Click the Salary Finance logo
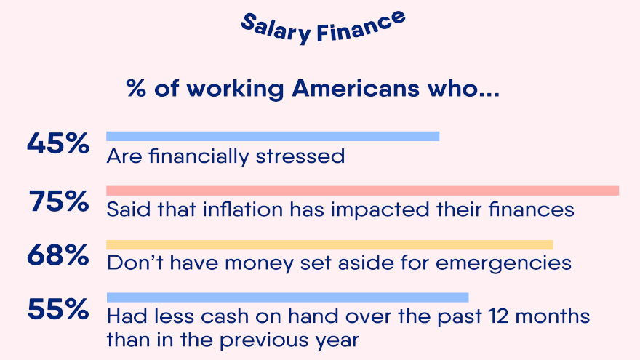323,28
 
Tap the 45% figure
58,143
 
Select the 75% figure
59,201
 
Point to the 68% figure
58,255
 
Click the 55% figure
58,309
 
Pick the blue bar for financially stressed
273,136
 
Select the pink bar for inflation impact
362,191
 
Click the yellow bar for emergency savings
329,244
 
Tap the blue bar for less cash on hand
288,297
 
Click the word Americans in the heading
356,88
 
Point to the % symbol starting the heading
136,88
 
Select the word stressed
300,156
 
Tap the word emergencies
503,263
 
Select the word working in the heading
235,89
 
